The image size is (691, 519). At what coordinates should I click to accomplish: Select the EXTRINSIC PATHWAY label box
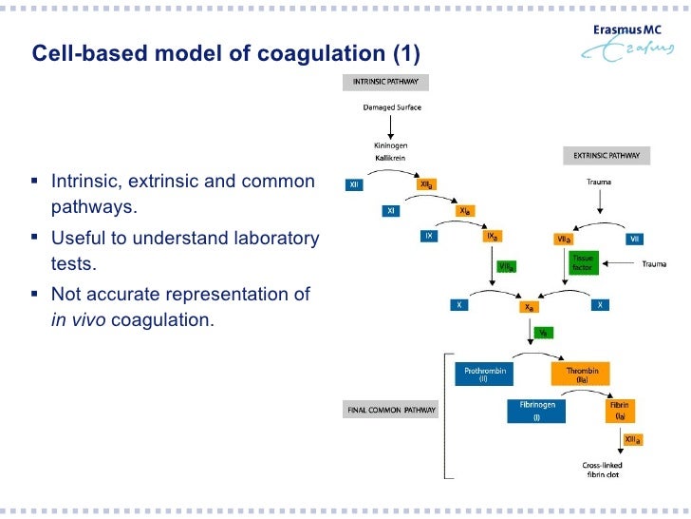pos(607,154)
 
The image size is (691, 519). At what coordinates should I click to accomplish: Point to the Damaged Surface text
pos(392,107)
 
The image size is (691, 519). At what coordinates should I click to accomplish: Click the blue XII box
pos(354,185)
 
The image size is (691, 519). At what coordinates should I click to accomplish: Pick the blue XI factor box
pos(392,210)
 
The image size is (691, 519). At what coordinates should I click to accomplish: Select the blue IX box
pos(429,235)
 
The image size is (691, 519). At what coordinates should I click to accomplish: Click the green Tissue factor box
pos(581,262)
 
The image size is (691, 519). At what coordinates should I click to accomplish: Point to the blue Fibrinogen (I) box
pos(536,410)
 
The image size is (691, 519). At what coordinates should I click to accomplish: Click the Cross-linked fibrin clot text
pos(601,470)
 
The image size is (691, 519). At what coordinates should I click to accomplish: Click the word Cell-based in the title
pos(82,53)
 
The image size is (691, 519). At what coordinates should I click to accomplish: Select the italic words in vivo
pos(77,320)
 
